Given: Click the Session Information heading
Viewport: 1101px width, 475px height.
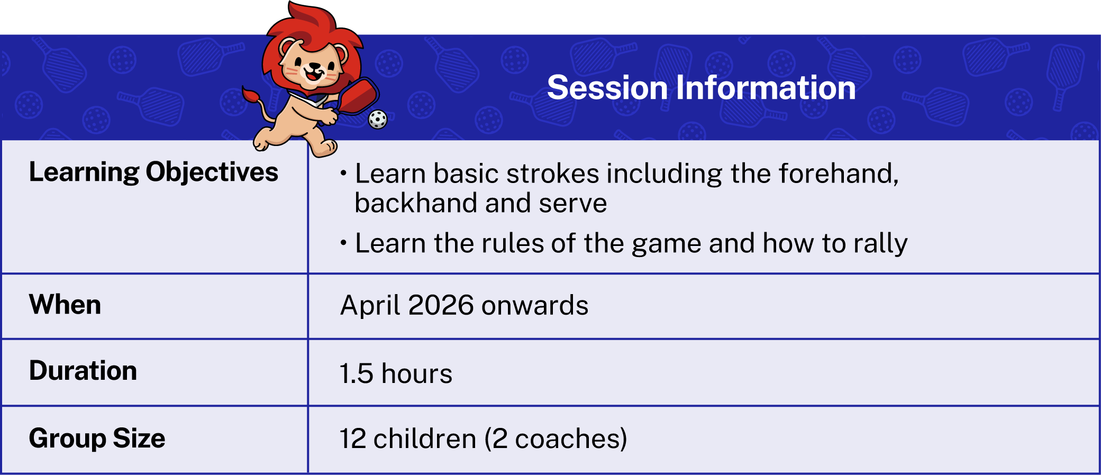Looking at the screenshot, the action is pos(701,87).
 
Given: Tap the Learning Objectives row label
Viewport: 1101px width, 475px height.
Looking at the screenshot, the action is pos(153,172).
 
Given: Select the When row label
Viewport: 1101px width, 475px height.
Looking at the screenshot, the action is pos(65,305).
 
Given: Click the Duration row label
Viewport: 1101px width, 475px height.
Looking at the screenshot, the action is pos(83,370).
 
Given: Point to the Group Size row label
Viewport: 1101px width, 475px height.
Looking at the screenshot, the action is pos(97,439).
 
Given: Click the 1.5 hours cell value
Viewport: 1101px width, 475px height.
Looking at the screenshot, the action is pos(396,373).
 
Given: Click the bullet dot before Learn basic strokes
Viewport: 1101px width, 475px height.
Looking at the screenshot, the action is pos(343,173).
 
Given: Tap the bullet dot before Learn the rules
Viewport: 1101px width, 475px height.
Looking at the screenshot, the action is pos(343,243).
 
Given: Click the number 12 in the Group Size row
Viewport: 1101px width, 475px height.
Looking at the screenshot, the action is pos(352,439).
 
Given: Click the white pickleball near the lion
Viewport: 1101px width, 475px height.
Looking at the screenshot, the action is pos(378,120).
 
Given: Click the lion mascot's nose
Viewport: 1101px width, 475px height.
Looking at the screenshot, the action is pos(314,67).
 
